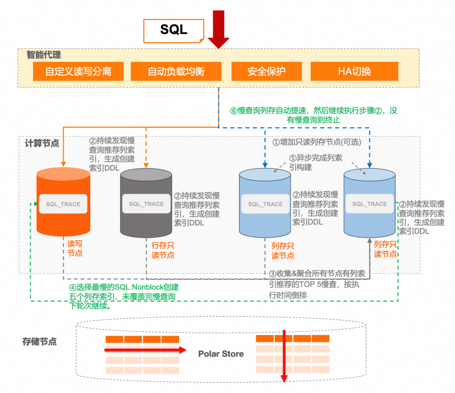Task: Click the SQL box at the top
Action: (x=174, y=31)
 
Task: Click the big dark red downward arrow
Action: (x=219, y=29)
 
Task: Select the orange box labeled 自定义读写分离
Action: (x=78, y=71)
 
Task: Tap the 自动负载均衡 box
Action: (x=176, y=71)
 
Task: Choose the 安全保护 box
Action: (x=266, y=71)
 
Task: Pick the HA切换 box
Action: (x=354, y=71)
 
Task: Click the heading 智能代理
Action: (x=44, y=54)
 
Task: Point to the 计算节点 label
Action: (x=42, y=143)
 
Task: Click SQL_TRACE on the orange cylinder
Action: (x=63, y=204)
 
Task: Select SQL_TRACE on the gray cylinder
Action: (x=146, y=203)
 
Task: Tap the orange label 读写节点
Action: (x=75, y=248)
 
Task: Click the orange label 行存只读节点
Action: (x=163, y=250)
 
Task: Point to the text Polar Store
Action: (x=221, y=353)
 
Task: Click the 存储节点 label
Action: (x=40, y=341)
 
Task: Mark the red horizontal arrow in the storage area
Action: (x=145, y=350)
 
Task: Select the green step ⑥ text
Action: (x=313, y=115)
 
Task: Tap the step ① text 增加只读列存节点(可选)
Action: (x=316, y=142)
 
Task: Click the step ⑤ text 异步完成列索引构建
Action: (x=316, y=163)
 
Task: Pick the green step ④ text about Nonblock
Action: (x=123, y=296)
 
